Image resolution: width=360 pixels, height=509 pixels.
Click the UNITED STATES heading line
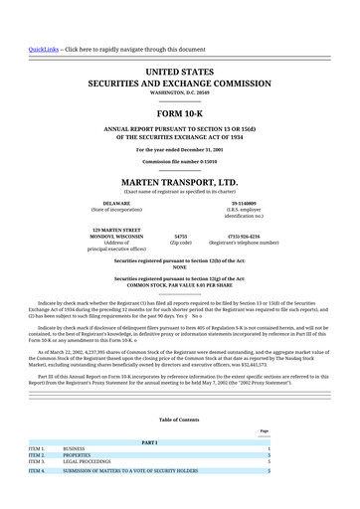(x=179, y=73)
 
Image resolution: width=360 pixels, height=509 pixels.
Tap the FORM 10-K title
(x=179, y=114)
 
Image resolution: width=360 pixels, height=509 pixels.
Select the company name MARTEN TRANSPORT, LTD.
(x=179, y=183)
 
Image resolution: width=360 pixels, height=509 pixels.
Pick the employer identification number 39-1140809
(x=245, y=204)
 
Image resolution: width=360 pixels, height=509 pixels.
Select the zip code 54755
(x=181, y=237)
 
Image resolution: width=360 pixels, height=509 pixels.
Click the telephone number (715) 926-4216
(x=244, y=237)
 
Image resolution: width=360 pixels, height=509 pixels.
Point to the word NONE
(x=179, y=266)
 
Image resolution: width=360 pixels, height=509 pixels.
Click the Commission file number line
(x=179, y=160)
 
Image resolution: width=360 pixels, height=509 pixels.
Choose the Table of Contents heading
(x=179, y=420)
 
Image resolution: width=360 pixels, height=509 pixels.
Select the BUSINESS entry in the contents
(x=75, y=448)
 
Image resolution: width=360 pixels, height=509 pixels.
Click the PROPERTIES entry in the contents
(x=79, y=455)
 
